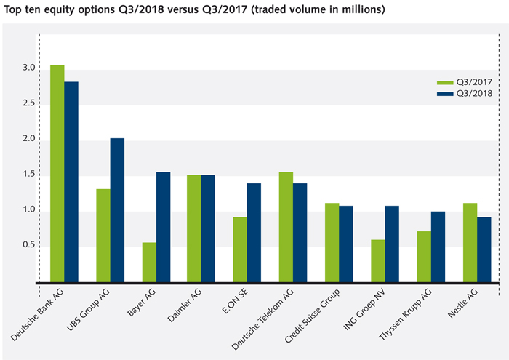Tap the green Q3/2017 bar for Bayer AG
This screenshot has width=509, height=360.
coord(149,262)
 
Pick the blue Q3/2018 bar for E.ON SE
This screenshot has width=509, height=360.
coord(254,232)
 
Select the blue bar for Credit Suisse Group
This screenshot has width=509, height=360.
coord(346,244)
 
